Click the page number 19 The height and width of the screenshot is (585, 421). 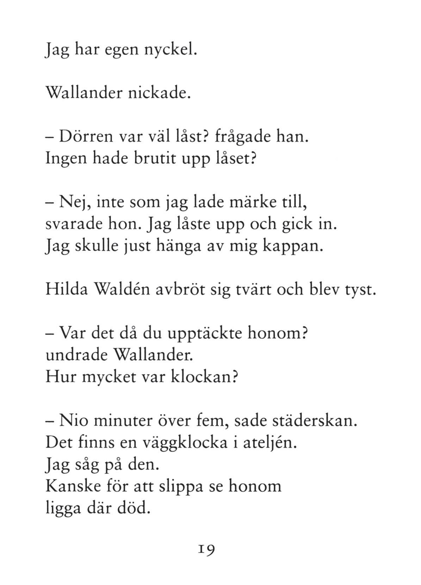206,548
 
